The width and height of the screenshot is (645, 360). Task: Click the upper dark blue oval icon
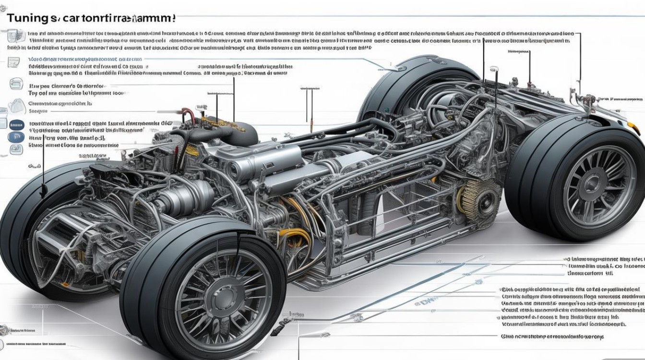click(x=15, y=124)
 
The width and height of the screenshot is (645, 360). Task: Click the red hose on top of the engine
click(x=189, y=115)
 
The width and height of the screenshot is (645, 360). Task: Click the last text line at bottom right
click(x=552, y=337)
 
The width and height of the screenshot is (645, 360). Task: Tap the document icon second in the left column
click(x=15, y=61)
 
